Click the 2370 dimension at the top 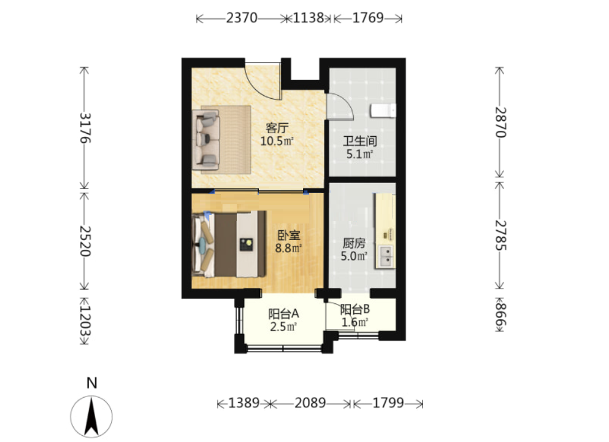coord(242,18)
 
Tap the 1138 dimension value coord(308,18)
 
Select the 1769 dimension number coord(368,18)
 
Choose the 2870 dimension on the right coord(500,122)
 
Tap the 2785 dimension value coord(500,235)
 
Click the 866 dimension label coord(500,314)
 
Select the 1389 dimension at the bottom coord(243,403)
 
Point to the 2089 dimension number coord(310,403)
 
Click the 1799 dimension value coord(388,403)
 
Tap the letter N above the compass coord(91,383)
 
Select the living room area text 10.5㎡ coord(277,141)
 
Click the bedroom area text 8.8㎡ coord(288,248)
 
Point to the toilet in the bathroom coord(383,110)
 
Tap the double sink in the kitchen coord(386,257)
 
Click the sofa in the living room coord(206,139)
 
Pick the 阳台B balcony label coord(354,310)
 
